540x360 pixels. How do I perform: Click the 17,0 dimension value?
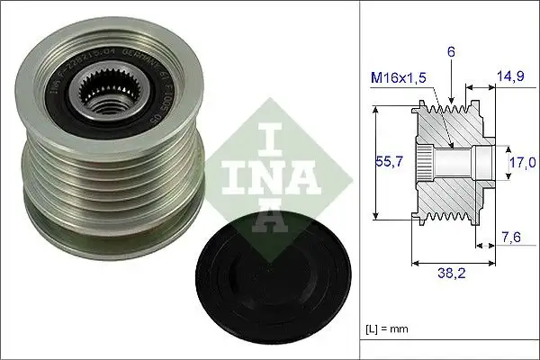point(522,162)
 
